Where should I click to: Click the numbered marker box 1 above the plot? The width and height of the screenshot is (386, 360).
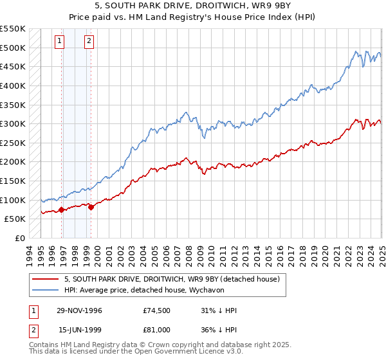pos(59,42)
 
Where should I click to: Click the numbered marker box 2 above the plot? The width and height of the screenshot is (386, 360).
pos(88,42)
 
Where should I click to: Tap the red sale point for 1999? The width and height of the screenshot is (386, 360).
pos(91,207)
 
